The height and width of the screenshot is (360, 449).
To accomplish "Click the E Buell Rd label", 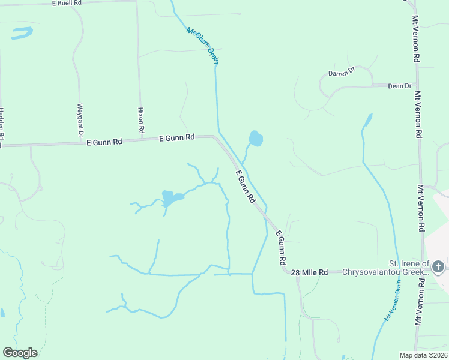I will (67, 3).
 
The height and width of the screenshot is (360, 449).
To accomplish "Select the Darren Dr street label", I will (342, 73).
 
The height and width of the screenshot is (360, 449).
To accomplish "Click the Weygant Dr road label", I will (80, 118).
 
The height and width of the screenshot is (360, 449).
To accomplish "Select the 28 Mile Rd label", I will (309, 272).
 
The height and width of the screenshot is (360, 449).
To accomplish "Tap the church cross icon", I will (438, 266).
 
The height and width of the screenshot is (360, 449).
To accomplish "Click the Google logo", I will (20, 353).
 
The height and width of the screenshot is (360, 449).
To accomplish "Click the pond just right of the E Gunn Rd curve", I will (256, 139).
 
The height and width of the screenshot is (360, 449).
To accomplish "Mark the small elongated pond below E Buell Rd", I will (22, 32).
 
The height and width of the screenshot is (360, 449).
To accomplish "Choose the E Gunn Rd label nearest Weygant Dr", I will (104, 142).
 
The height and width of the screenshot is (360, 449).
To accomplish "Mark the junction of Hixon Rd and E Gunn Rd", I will (140, 139).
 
